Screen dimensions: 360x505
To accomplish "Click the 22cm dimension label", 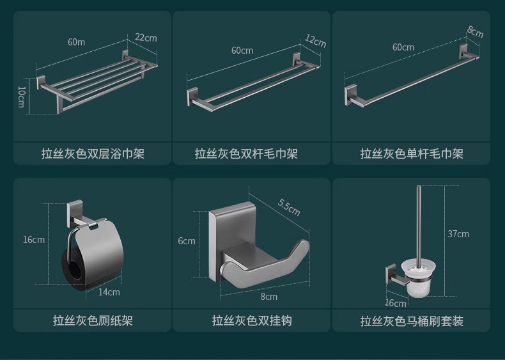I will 146,38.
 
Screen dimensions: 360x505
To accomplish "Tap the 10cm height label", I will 21,97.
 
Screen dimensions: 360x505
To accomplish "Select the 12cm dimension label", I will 315,41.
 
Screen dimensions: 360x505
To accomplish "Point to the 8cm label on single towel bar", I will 475,31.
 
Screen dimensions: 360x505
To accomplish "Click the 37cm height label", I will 458,234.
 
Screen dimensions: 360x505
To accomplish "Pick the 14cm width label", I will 109,292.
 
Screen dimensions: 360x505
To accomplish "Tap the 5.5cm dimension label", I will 289,208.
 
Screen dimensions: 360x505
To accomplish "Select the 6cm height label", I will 187,241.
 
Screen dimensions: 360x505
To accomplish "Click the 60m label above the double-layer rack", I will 76,42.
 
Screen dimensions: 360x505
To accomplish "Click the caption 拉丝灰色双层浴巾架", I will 93,154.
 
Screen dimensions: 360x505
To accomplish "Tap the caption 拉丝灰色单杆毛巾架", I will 412,154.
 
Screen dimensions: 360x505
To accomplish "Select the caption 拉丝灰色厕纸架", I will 93,320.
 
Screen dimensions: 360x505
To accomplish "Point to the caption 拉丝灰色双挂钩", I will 252,320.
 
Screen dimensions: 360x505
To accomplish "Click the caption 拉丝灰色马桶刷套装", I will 412,320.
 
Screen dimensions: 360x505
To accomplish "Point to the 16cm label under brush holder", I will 396,303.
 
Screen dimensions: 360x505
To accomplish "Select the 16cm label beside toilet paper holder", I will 34,240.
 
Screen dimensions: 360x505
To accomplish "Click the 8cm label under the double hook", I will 268,297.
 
